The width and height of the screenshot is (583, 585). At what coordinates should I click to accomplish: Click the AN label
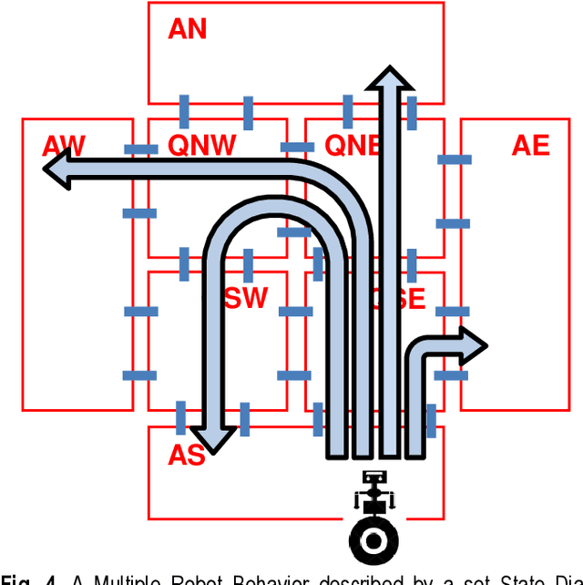[x=187, y=29]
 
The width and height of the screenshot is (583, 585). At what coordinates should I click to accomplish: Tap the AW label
[x=64, y=146]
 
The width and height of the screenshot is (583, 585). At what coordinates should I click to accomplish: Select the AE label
[x=530, y=146]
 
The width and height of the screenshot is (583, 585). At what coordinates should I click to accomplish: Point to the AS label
[x=186, y=456]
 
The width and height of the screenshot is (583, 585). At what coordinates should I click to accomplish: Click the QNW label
[x=202, y=146]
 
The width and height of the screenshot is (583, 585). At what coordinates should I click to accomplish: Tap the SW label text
[x=247, y=298]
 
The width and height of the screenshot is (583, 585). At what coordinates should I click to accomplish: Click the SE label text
[x=410, y=299]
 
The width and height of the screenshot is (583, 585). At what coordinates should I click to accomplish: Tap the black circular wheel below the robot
[x=373, y=541]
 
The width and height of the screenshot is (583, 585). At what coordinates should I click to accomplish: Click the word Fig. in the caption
[x=17, y=579]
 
